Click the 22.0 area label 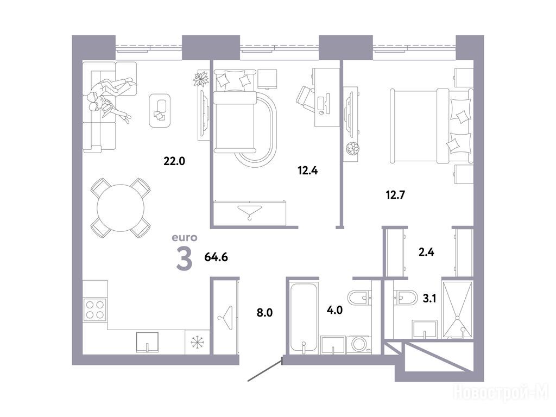click(174, 161)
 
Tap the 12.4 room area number click(307, 171)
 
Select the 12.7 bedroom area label click(395, 195)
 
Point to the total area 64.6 click(216, 257)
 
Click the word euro click(185, 238)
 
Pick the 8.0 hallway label click(264, 313)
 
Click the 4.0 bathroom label click(334, 310)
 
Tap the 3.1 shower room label click(429, 299)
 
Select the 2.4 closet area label click(426, 252)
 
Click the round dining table click(121, 208)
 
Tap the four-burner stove click(95, 309)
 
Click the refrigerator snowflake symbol click(197, 342)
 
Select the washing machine click(359, 345)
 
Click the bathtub click(303, 318)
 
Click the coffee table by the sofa click(160, 110)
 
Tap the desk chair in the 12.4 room click(305, 97)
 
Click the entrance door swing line click(265, 370)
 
